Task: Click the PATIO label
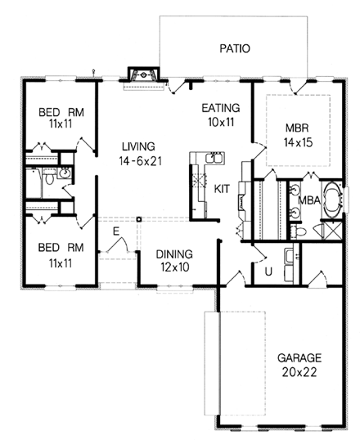tap(235, 48)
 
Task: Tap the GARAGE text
tap(299, 358)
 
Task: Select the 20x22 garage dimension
tap(299, 372)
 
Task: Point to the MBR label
tap(297, 128)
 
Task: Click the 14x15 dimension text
tap(298, 142)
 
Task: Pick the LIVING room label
tap(138, 146)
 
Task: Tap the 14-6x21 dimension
tap(140, 161)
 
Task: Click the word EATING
tap(221, 108)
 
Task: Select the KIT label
tap(222, 189)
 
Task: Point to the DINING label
tap(174, 254)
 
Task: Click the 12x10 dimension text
tap(175, 267)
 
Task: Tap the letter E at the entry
tap(116, 231)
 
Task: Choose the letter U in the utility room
tap(268, 272)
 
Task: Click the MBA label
tap(309, 200)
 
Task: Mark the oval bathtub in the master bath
tap(333, 200)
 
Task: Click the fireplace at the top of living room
tap(143, 75)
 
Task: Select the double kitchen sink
tap(215, 158)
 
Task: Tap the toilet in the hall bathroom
tap(49, 178)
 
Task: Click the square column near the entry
tap(139, 219)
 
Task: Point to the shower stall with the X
tap(333, 231)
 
